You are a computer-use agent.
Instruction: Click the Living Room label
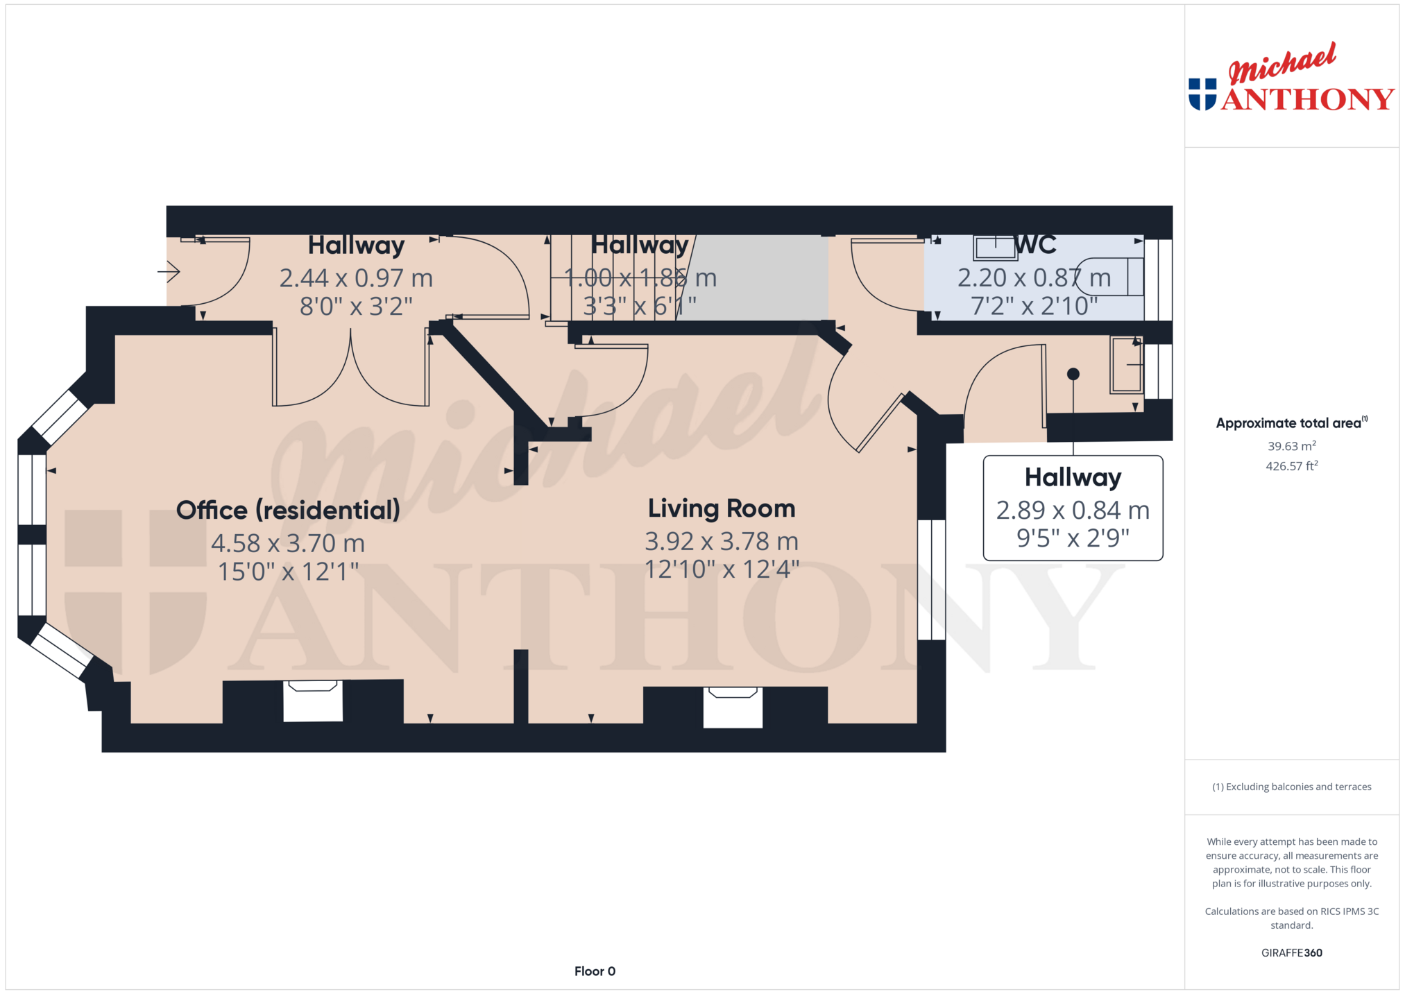(x=722, y=508)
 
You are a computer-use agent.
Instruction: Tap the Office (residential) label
(x=288, y=511)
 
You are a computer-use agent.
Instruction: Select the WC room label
(x=1035, y=245)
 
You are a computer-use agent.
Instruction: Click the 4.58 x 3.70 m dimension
(x=288, y=543)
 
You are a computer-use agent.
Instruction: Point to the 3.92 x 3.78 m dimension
(x=722, y=541)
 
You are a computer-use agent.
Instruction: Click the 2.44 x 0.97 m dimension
(x=356, y=278)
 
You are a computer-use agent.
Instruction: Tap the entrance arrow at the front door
(x=169, y=271)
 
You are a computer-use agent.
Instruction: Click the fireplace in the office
(x=313, y=701)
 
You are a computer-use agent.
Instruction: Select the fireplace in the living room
(x=733, y=707)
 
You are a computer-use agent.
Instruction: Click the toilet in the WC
(x=1111, y=277)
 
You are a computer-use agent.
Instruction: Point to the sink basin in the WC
(x=995, y=248)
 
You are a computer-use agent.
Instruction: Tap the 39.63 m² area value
(x=1291, y=446)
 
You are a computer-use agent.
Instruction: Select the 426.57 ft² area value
(x=1291, y=466)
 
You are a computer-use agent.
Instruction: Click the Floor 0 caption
(x=595, y=971)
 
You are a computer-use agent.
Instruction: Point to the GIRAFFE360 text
(x=1291, y=952)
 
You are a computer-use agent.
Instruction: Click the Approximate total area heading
(x=1291, y=422)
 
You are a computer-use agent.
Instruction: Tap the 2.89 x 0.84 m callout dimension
(x=1073, y=511)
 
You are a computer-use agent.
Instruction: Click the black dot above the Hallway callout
(x=1073, y=374)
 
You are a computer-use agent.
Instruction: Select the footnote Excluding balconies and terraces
(x=1291, y=787)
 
